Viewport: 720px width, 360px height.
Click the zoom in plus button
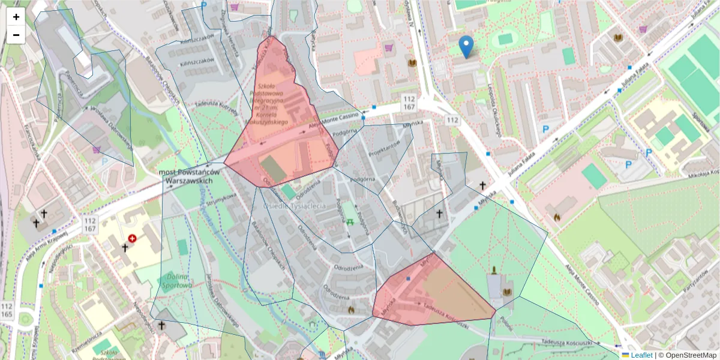coord(16,17)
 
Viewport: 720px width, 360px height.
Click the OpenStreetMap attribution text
coord(687,355)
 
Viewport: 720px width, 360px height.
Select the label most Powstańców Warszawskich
coord(189,176)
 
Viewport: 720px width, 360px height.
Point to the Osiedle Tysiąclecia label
coord(294,206)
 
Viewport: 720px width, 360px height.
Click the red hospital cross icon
coord(132,238)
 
